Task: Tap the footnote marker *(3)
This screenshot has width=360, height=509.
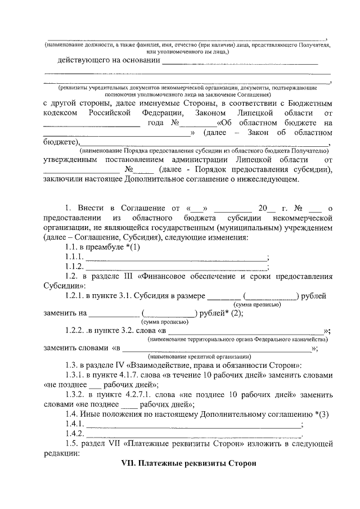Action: [x=322, y=415]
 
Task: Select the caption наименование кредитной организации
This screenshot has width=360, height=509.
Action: [x=196, y=357]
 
